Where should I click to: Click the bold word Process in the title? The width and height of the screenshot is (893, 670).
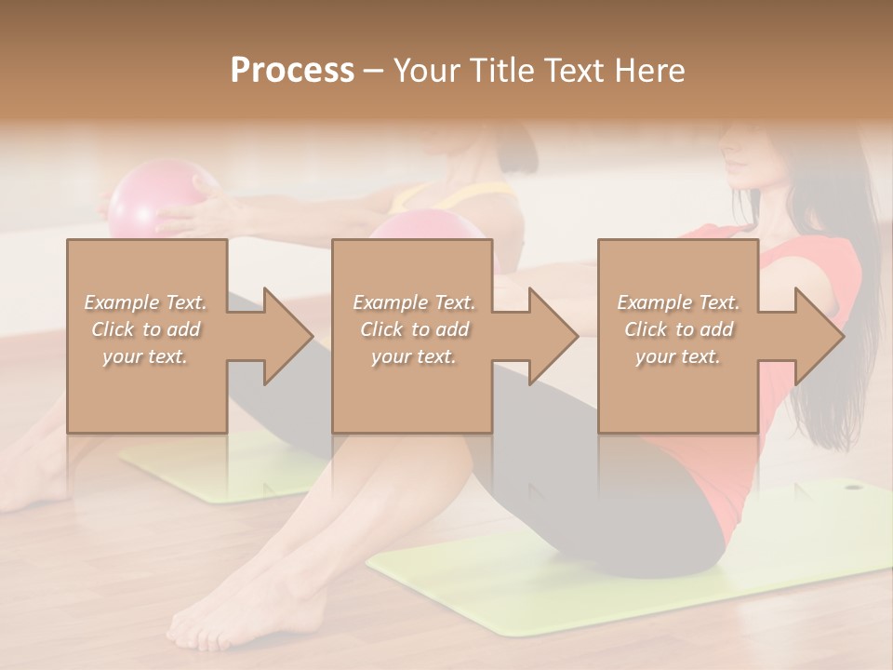coord(292,70)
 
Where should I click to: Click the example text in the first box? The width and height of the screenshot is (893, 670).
coord(146,328)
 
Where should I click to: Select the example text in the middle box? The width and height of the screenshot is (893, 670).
coord(413,328)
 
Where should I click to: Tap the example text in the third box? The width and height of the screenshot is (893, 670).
coord(678,328)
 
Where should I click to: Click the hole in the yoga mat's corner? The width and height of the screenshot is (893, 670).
coord(853,485)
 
